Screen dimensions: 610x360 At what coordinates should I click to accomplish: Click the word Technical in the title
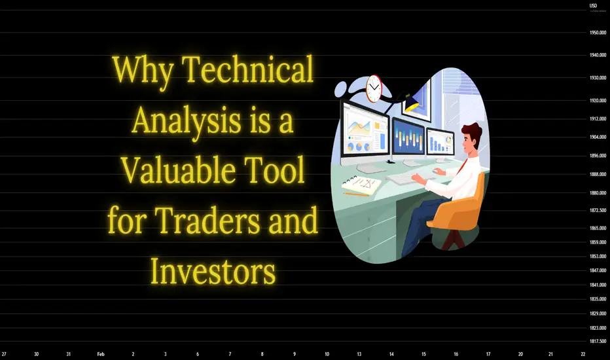(x=247, y=69)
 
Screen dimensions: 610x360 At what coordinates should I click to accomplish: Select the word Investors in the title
(x=213, y=271)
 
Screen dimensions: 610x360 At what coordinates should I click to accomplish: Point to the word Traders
(x=207, y=221)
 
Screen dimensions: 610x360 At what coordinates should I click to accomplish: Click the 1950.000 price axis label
(x=598, y=33)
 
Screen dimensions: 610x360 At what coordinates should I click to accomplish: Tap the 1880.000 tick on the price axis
(x=598, y=193)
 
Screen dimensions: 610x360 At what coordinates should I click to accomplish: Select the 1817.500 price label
(x=598, y=341)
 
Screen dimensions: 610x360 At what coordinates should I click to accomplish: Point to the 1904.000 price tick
(x=598, y=137)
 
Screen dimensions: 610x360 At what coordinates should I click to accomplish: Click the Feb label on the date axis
(x=101, y=354)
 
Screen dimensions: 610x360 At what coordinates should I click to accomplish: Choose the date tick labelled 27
(x=4, y=354)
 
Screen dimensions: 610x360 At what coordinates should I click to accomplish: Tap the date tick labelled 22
(x=583, y=354)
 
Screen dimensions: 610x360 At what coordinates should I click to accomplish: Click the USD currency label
(x=593, y=5)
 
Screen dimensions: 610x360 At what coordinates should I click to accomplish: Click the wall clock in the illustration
(x=374, y=88)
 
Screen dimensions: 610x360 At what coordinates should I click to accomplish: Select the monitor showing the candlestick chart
(x=408, y=139)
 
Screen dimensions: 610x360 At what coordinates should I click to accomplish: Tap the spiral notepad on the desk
(x=361, y=185)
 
